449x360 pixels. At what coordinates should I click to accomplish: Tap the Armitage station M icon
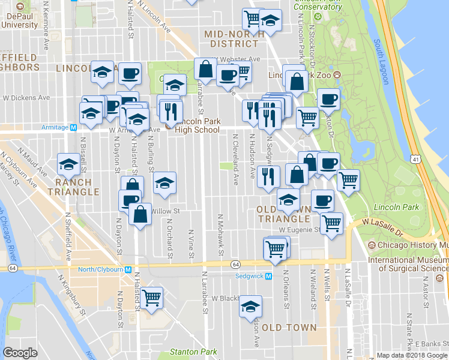point(73,127)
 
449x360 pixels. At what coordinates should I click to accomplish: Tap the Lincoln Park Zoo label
point(300,75)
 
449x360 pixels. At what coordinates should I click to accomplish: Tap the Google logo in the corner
point(20,353)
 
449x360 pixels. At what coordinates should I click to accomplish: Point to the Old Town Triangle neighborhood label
point(283,214)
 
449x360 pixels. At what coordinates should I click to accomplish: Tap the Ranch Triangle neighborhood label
point(77,187)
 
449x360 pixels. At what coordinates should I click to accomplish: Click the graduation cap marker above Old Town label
point(250,307)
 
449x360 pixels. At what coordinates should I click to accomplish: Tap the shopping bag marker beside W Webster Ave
point(205,69)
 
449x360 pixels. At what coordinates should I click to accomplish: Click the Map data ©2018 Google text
point(412,355)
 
